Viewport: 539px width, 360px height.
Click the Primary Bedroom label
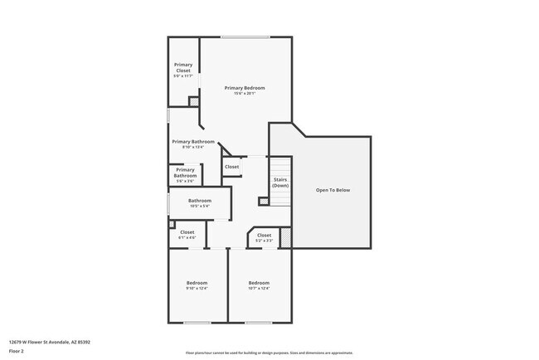(245, 87)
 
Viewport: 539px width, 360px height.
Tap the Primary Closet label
(183, 67)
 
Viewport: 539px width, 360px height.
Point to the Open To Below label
(333, 190)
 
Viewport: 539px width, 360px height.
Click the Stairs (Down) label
(280, 182)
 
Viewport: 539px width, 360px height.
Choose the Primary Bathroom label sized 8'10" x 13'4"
(193, 142)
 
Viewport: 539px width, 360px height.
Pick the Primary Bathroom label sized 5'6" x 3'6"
(185, 173)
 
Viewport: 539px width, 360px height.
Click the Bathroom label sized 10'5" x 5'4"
(199, 201)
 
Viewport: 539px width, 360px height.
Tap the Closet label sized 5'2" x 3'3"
(264, 236)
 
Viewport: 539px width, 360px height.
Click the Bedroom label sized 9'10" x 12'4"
(197, 284)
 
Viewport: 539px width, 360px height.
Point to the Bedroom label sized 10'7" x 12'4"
(259, 284)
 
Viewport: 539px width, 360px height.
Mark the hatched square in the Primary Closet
(194, 101)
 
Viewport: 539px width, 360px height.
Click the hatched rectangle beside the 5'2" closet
(286, 238)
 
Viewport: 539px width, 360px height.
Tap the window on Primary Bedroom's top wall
(244, 36)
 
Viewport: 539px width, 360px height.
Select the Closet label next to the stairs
(231, 167)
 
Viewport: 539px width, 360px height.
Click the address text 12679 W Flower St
(50, 342)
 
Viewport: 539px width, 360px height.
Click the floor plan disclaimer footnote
(269, 352)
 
